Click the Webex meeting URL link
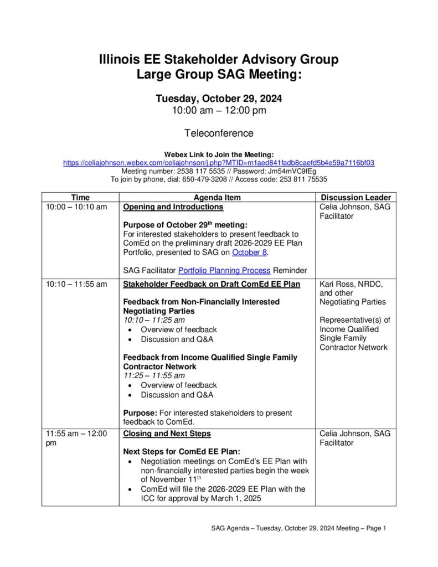[219, 163]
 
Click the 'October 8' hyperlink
[249, 252]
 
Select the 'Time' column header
[80, 197]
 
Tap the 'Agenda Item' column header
[217, 197]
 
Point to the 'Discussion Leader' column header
[356, 197]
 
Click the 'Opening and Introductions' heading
[173, 207]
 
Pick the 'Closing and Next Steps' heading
[167, 434]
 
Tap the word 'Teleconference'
[219, 133]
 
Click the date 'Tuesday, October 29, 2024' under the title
[219, 99]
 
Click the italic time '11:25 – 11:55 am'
[154, 375]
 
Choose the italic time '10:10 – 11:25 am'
[154, 320]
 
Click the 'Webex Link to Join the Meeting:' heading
[219, 154]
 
